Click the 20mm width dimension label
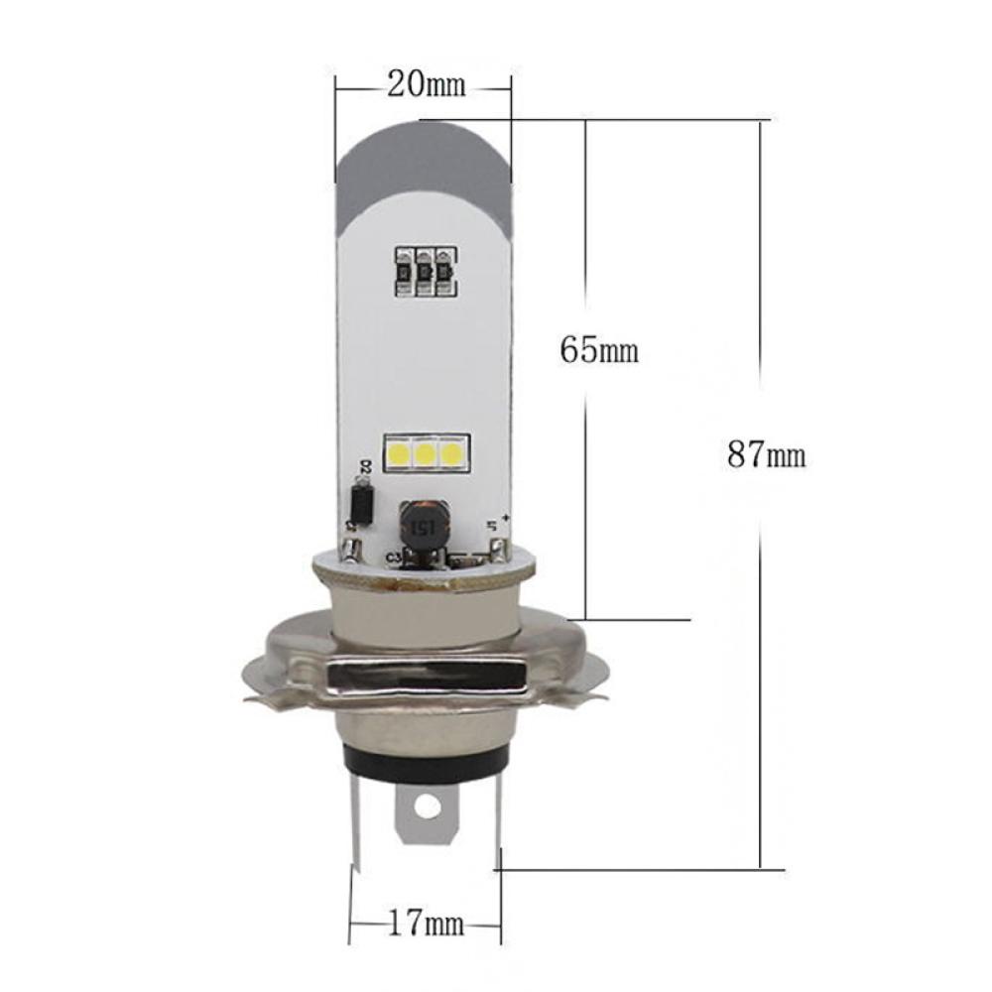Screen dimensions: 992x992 coord(426,85)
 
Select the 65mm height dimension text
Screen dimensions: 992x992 coord(599,349)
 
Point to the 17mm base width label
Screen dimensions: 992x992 coord(426,926)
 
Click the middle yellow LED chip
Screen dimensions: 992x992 coord(426,453)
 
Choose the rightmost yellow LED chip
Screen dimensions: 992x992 coord(451,453)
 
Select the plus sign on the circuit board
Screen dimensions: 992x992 coord(505,518)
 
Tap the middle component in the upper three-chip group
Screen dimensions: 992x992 coord(426,269)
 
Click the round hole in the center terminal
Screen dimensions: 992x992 coord(427,808)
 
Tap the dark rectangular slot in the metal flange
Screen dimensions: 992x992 coord(426,680)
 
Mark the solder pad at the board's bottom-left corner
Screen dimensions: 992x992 coord(351,548)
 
